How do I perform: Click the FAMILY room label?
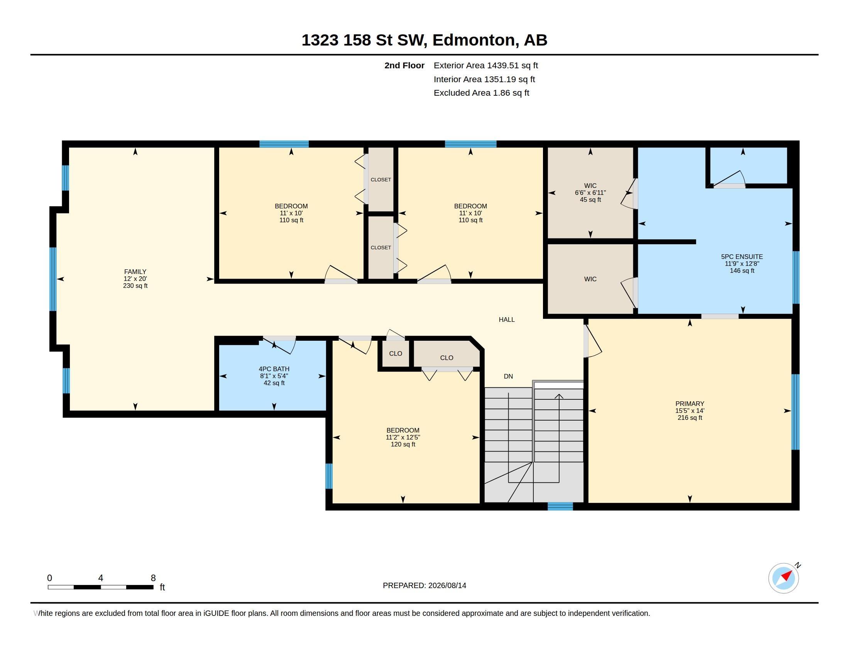(x=135, y=272)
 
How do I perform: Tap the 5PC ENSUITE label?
(x=742, y=257)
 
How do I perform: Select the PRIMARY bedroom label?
(x=690, y=403)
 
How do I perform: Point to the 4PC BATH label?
(x=274, y=369)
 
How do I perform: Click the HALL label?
(x=507, y=320)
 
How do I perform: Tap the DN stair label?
(x=508, y=376)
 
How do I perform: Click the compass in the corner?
(x=783, y=578)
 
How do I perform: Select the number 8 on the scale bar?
(x=153, y=578)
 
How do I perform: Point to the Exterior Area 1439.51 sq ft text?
(x=485, y=65)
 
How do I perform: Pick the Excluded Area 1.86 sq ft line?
(x=481, y=93)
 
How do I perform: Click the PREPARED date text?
(x=424, y=585)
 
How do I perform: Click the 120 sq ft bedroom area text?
(x=403, y=444)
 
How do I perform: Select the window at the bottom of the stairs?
(x=560, y=506)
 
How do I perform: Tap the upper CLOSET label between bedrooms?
(x=381, y=179)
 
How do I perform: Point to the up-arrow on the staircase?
(x=559, y=396)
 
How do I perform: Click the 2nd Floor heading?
(x=404, y=65)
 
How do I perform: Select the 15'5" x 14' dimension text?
(x=690, y=411)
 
